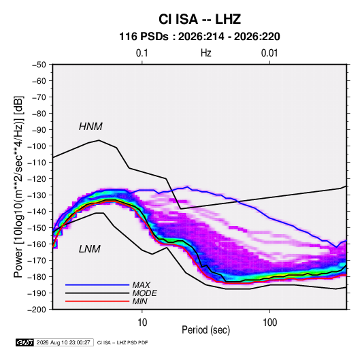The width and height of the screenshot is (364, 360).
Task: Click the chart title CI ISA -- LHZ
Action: coord(199,19)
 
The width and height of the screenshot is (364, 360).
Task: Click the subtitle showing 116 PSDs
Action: coord(199,37)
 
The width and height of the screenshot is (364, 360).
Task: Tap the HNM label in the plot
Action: coord(90,127)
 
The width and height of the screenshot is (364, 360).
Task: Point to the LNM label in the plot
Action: coord(90,249)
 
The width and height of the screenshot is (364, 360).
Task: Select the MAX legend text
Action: coord(141,285)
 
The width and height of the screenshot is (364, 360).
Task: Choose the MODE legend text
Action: coord(144,293)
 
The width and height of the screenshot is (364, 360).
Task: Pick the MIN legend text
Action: coord(139,301)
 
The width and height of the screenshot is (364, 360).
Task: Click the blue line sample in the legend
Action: coord(97,285)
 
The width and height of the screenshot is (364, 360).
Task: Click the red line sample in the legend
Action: coord(97,301)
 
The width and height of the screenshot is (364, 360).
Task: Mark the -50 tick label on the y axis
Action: coord(39,65)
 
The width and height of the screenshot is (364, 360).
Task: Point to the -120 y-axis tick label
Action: coord(37,179)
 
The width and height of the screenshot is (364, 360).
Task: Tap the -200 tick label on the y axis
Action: coord(37,310)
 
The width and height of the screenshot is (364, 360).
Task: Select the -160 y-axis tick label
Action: coord(37,244)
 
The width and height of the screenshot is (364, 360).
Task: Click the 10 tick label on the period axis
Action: coord(142,323)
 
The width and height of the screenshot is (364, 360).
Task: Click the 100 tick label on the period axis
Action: coord(269,323)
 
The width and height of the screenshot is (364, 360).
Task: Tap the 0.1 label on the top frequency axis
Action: coord(142,53)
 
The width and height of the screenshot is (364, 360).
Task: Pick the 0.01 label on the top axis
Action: coord(269,53)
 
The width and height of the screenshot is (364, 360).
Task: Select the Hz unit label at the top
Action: coord(206,53)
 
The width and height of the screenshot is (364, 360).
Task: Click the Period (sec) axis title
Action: coord(205,330)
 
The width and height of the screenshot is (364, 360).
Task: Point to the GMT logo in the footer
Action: coord(24,342)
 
